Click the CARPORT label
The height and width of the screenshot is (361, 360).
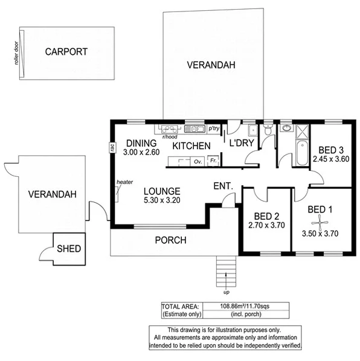tap(66, 52)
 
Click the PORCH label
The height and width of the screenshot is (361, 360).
tap(170, 240)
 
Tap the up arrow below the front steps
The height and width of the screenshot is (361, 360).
tap(225, 280)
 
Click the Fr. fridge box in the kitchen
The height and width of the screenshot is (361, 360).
tap(213, 161)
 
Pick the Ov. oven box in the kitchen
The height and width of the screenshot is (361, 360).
tap(198, 161)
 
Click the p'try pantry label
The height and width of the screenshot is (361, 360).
tap(213, 129)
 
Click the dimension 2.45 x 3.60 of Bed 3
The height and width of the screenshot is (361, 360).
tap(332, 159)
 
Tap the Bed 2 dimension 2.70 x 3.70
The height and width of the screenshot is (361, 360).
tap(266, 225)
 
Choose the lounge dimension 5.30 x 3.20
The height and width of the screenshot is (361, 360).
tap(162, 200)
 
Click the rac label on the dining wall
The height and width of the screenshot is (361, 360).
tap(112, 147)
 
